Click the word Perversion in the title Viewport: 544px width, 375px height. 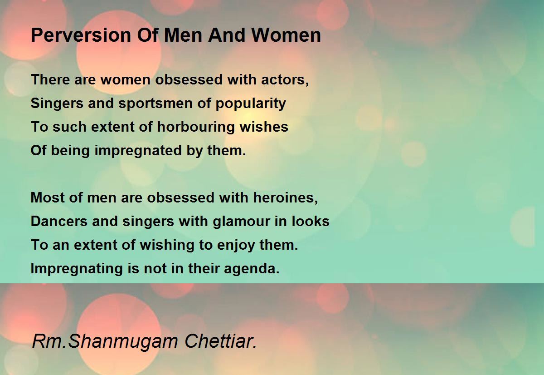click(81, 35)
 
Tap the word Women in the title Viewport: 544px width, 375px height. click(286, 35)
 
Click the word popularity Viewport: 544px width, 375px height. click(250, 104)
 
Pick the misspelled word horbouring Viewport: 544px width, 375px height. click(195, 127)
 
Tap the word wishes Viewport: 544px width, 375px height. click(264, 127)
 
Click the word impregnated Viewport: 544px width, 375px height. click(138, 151)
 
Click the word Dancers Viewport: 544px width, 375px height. click(59, 221)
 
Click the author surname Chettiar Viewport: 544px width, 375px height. click(220, 341)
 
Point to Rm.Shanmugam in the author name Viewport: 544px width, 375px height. click(105, 342)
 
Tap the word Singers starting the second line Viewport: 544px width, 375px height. click(57, 104)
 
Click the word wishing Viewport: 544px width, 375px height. click(167, 245)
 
